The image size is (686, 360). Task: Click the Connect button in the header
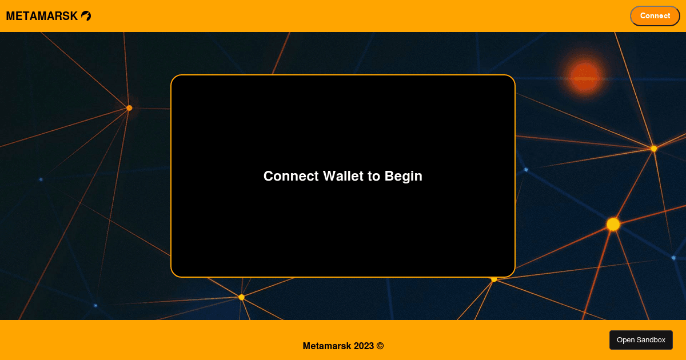pyautogui.click(x=655, y=16)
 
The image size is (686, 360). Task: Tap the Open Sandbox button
pyautogui.click(x=641, y=340)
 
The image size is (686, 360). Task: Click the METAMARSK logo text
pyautogui.click(x=42, y=16)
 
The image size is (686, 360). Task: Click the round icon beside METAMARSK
pyautogui.click(x=86, y=16)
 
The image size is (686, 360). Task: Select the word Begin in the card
pyautogui.click(x=404, y=177)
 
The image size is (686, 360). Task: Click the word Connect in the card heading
pyautogui.click(x=291, y=176)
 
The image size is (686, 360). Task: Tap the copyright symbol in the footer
pyautogui.click(x=380, y=346)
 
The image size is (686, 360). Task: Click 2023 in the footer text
pyautogui.click(x=364, y=346)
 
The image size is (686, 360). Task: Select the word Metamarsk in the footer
pyautogui.click(x=327, y=346)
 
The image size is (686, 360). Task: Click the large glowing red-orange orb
pyautogui.click(x=585, y=77)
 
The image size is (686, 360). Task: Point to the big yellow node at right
pyautogui.click(x=613, y=225)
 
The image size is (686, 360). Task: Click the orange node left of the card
pyautogui.click(x=129, y=108)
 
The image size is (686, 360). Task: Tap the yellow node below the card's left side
pyautogui.click(x=242, y=297)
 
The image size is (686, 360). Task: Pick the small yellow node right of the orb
pyautogui.click(x=654, y=149)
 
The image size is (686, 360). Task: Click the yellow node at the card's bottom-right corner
pyautogui.click(x=494, y=279)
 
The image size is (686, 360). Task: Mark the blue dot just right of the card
pyautogui.click(x=526, y=170)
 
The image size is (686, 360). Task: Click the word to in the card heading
pyautogui.click(x=374, y=176)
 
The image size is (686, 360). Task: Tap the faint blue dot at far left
pyautogui.click(x=41, y=179)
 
